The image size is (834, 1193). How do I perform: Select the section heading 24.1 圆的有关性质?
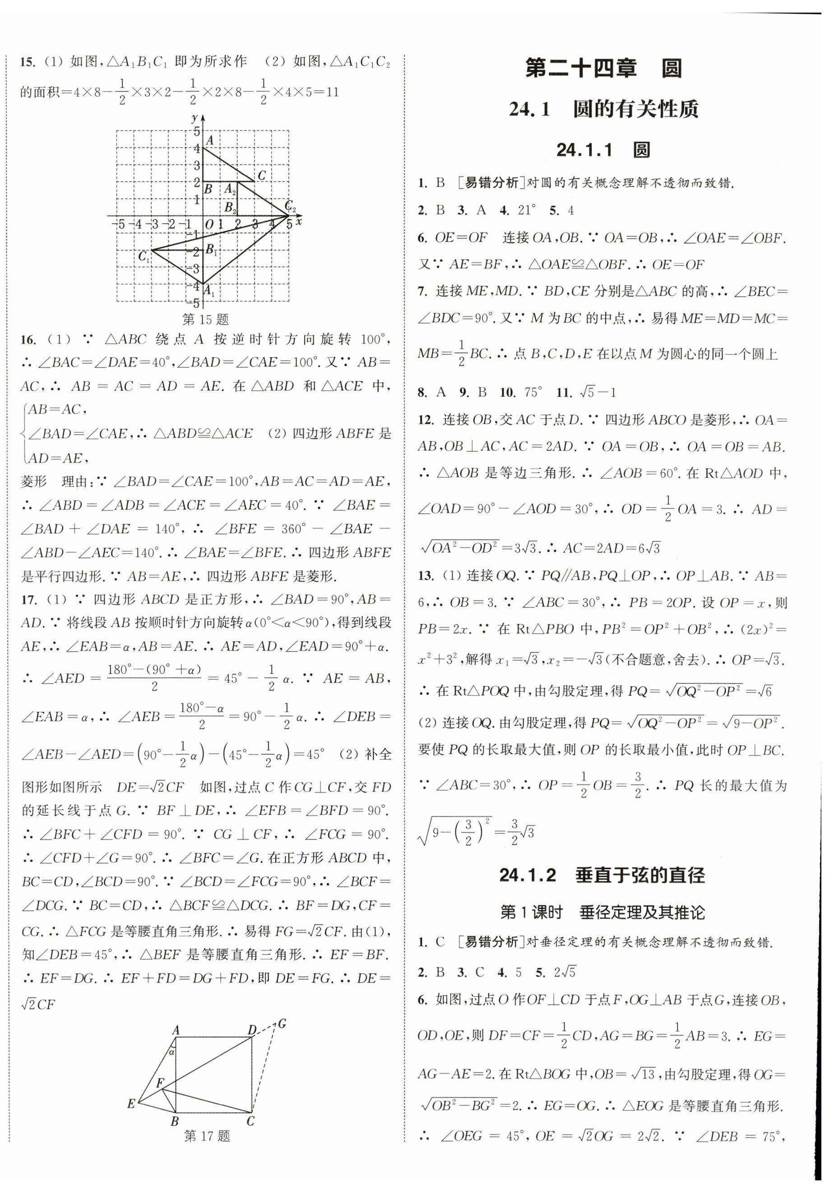603,110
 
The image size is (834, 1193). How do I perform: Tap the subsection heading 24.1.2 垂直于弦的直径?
602,876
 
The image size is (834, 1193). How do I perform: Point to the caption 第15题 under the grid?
206,319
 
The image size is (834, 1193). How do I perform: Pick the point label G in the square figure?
283,1023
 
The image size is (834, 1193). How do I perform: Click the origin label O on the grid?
209,225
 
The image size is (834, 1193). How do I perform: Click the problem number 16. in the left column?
28,340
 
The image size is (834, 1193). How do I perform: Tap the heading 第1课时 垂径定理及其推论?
602,913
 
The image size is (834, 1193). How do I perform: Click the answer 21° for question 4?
526,210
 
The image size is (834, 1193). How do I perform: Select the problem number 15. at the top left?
28,62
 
